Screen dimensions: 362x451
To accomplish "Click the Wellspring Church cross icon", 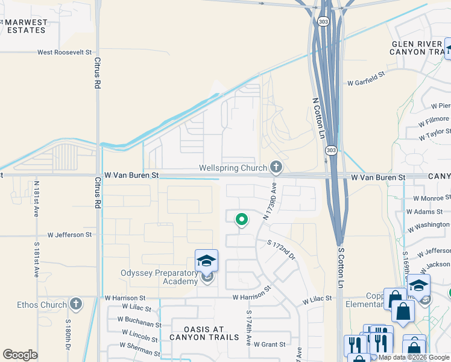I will coord(276,167).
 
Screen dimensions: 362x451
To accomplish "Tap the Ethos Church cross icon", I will coord(75,303).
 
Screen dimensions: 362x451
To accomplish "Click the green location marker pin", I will coord(241,220).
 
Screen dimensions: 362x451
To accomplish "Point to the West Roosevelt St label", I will coord(68,52).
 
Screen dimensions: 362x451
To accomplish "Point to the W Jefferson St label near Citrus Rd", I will coord(70,234).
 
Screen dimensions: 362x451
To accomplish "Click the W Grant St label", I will coord(269,345).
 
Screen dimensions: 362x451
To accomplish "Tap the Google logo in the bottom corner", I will coord(20,355).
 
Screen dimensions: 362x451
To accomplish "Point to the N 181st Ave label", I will coord(37,199).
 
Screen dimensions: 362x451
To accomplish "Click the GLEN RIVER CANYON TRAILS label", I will coord(418,48).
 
